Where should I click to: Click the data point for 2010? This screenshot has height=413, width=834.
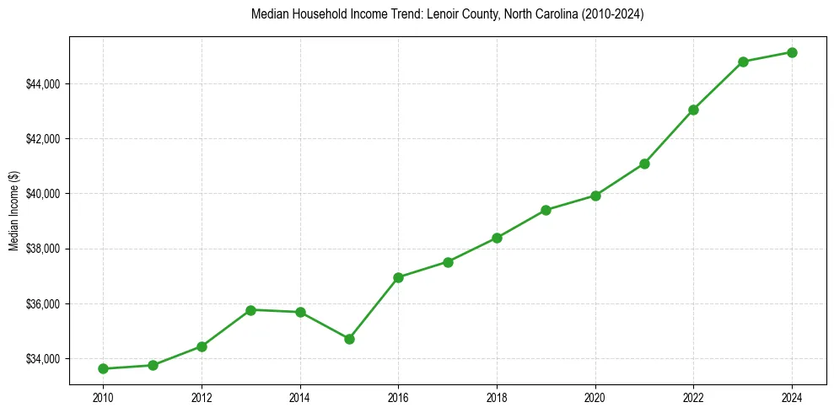(103, 368)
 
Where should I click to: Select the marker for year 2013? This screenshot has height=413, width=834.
(250, 309)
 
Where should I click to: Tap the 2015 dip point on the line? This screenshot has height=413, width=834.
(349, 339)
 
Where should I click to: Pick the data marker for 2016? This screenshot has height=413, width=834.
(398, 277)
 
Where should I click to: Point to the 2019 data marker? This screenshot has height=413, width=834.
(546, 210)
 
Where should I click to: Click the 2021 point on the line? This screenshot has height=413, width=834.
(644, 164)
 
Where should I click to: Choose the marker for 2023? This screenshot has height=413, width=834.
(743, 62)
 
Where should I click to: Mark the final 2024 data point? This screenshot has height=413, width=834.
(792, 52)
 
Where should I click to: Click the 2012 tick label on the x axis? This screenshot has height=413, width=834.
(202, 396)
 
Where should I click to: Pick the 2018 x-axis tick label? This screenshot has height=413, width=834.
(497, 396)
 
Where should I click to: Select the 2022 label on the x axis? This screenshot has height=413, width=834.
(693, 396)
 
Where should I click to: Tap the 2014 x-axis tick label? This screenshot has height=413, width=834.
(300, 396)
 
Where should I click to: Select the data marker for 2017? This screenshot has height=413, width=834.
(448, 262)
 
